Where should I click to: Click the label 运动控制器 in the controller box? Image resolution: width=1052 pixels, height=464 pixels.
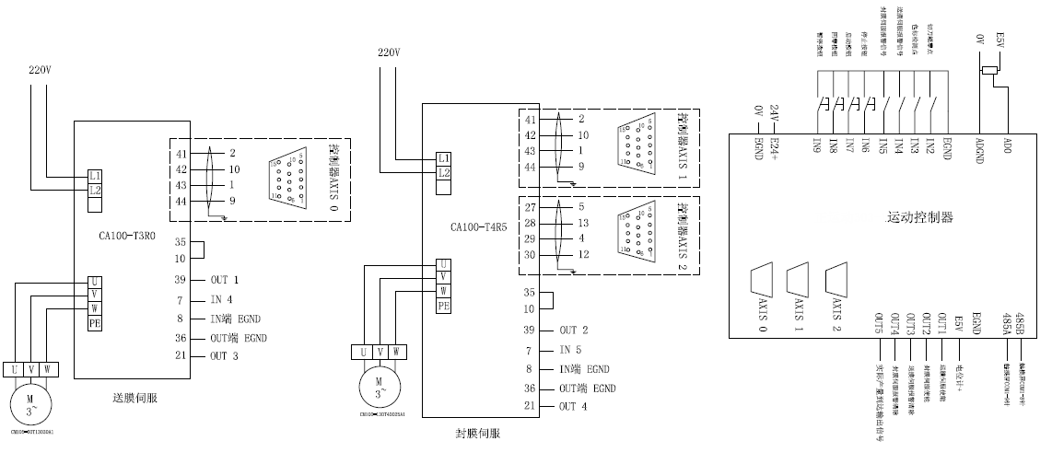point(919,218)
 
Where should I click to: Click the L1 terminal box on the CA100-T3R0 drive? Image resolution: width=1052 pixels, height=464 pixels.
point(95,175)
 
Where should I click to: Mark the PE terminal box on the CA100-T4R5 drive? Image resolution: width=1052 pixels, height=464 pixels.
point(444,307)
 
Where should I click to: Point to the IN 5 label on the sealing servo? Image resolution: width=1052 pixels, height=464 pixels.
point(573,351)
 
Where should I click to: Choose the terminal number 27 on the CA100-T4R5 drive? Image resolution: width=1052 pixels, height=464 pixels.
point(530,207)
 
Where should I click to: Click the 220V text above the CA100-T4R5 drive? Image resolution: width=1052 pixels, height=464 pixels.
point(390,52)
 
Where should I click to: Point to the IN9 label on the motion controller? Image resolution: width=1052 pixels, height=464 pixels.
point(817,145)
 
